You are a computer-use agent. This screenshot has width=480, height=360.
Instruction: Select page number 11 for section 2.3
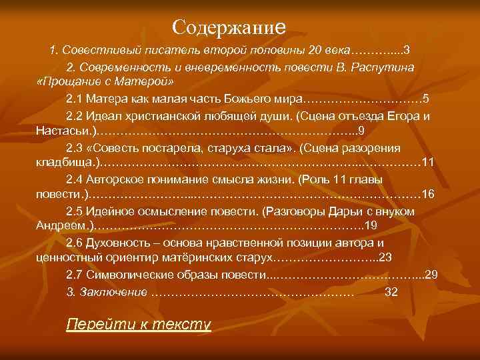tap(429, 161)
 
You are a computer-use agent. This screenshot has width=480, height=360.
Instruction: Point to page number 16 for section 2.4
tap(429, 194)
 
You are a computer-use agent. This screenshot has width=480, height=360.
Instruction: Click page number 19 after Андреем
tap(371, 226)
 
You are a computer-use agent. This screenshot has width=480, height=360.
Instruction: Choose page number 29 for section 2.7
tap(431, 274)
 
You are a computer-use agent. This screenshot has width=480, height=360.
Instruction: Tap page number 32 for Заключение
tap(391, 291)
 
